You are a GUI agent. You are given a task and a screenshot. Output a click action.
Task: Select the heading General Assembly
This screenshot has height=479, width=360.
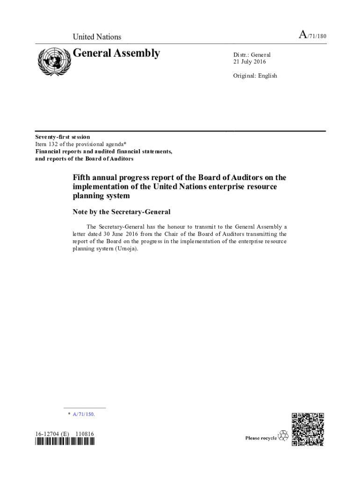point(116,53)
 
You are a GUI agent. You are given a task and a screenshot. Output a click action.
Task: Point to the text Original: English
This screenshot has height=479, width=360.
point(255,75)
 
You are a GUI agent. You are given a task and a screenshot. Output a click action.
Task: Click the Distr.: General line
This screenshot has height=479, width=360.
point(252,55)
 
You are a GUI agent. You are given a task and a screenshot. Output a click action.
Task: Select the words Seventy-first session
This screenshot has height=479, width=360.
point(63,137)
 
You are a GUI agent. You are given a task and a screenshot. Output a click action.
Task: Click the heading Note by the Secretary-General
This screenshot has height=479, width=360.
point(122,212)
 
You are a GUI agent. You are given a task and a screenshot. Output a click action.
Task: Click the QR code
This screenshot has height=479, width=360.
point(308,429)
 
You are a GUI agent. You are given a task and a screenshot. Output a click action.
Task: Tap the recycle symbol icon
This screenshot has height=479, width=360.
point(283,436)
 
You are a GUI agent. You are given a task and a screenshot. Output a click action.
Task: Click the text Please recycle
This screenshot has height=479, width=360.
point(261,438)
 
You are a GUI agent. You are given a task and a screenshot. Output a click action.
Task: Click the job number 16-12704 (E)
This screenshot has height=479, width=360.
point(52,434)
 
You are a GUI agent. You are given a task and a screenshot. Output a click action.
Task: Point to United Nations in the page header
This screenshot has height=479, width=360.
point(97,37)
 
